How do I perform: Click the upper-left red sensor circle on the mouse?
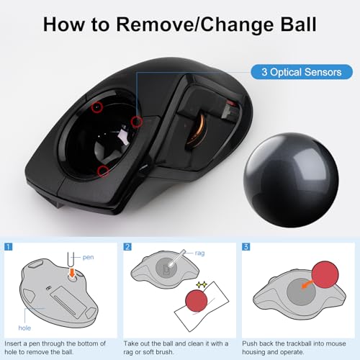pos(96,107)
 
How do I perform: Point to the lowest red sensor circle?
pos(103,171)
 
